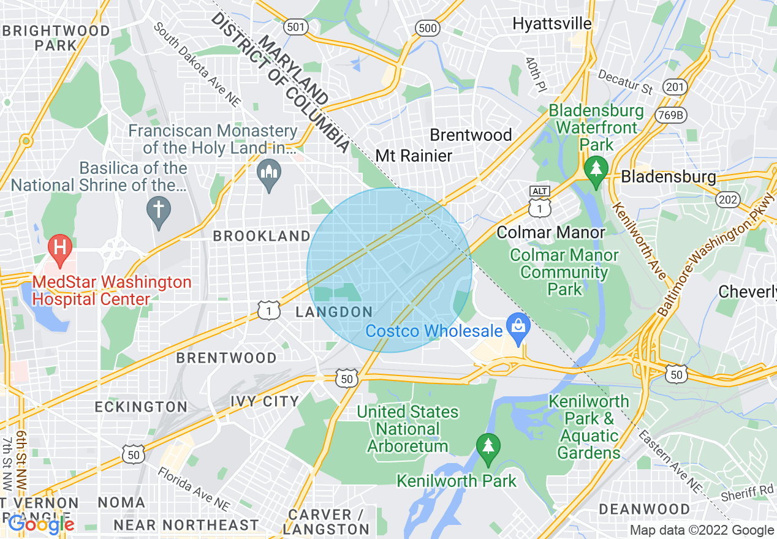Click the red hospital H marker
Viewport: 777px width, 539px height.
60,248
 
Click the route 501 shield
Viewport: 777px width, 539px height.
296,27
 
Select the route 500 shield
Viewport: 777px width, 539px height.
426,28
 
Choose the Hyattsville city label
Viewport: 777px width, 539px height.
552,24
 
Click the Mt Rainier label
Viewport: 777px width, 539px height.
414,156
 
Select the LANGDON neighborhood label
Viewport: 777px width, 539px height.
334,312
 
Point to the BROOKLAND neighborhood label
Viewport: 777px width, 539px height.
262,236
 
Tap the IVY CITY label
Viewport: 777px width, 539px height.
265,402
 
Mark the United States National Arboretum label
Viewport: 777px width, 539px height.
407,429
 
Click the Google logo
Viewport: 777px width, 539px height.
40,524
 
